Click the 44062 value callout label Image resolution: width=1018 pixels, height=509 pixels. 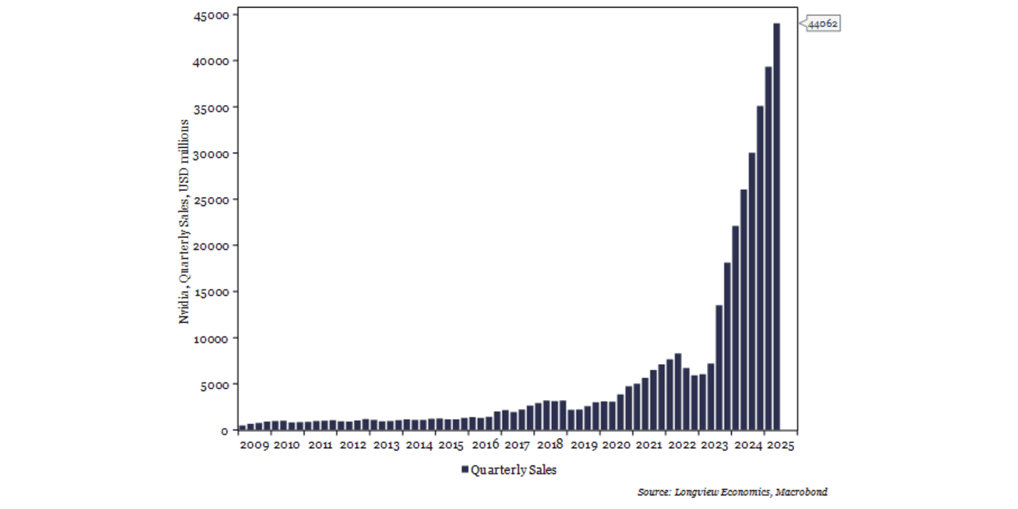tap(822, 24)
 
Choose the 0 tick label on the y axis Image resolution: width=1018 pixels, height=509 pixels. tap(224, 430)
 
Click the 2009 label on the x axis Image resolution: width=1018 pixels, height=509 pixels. tap(254, 445)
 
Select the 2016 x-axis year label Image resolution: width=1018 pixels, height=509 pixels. tap(484, 445)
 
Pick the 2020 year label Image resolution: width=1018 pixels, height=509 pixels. tap(616, 445)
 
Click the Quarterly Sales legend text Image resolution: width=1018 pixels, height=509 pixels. tap(514, 470)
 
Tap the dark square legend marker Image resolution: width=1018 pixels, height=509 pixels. tap(465, 470)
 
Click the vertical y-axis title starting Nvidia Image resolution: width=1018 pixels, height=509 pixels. tap(185, 221)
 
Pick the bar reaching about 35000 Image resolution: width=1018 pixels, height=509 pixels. tap(760, 268)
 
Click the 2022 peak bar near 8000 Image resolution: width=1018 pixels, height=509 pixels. tap(678, 391)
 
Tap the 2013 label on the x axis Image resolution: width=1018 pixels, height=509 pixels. tap(387, 445)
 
